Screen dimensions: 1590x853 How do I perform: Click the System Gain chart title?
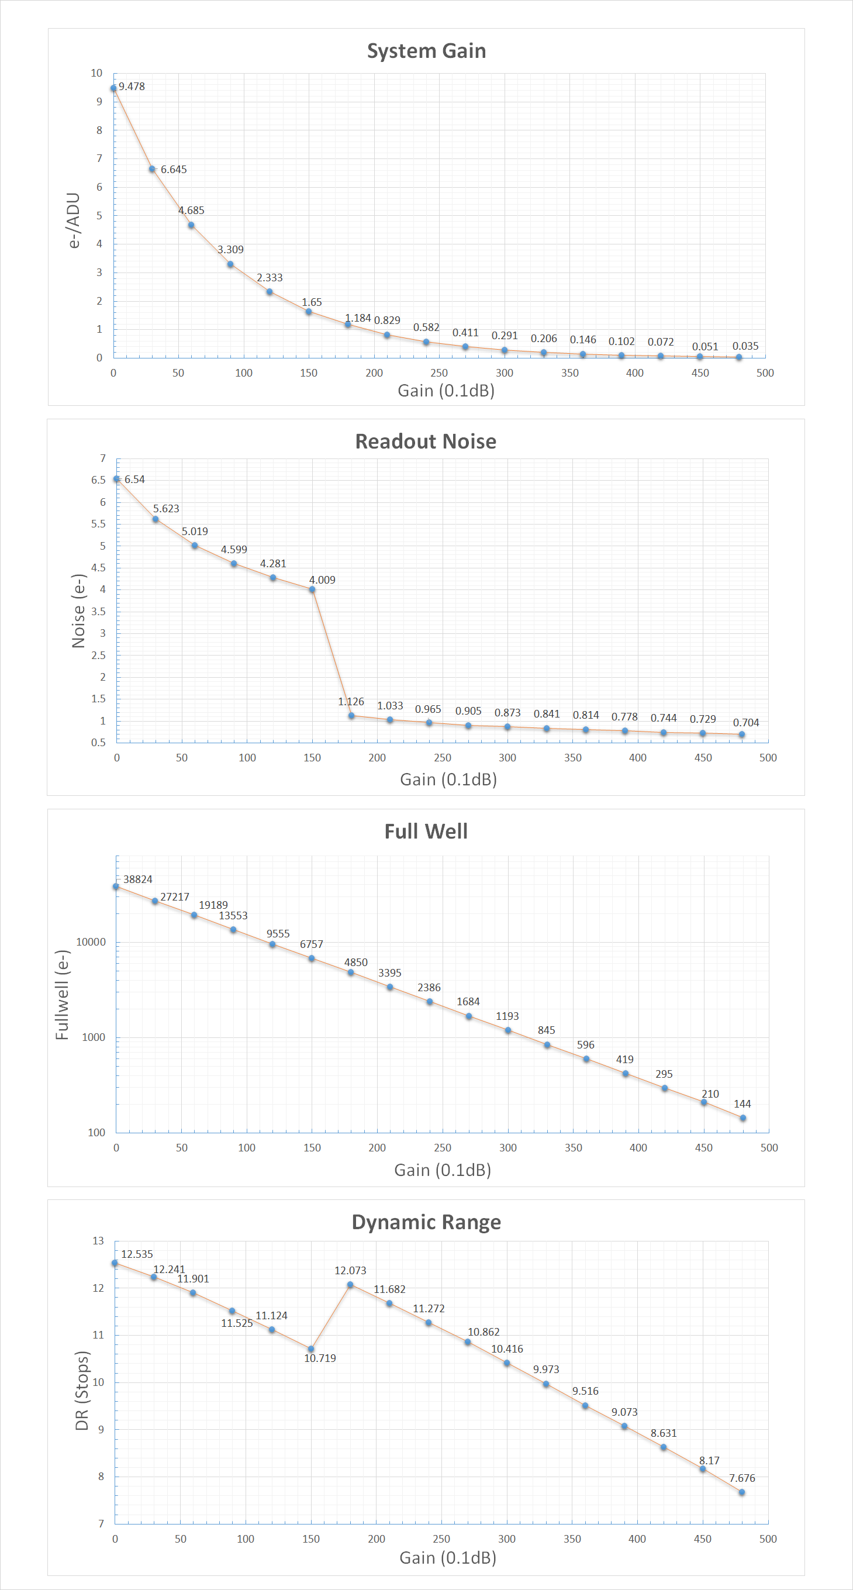click(427, 51)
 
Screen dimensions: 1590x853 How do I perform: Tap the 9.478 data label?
click(132, 87)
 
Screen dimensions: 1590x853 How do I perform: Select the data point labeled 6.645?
click(152, 169)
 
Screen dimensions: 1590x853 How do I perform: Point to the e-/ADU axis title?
click(74, 220)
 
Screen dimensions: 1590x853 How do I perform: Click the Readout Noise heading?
click(426, 442)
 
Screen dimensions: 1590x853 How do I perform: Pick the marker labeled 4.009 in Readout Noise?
click(312, 590)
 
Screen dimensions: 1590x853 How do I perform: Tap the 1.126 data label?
click(351, 702)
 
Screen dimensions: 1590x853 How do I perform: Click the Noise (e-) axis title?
click(78, 611)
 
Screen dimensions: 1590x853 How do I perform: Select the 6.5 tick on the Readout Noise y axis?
click(99, 480)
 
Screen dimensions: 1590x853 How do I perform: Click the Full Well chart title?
click(426, 832)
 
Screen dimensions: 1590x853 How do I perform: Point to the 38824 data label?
click(137, 879)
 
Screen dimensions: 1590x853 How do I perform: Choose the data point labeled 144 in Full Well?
click(743, 1118)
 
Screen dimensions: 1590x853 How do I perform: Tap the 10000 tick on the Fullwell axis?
click(91, 942)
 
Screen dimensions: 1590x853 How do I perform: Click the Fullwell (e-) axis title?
click(63, 995)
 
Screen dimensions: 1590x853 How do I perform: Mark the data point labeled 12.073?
click(350, 1285)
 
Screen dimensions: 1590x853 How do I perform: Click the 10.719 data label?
click(320, 1358)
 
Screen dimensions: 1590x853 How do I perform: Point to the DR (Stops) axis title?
click(82, 1391)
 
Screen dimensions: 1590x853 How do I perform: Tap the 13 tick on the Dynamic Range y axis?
click(98, 1241)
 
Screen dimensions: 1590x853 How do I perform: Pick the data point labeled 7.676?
click(741, 1492)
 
